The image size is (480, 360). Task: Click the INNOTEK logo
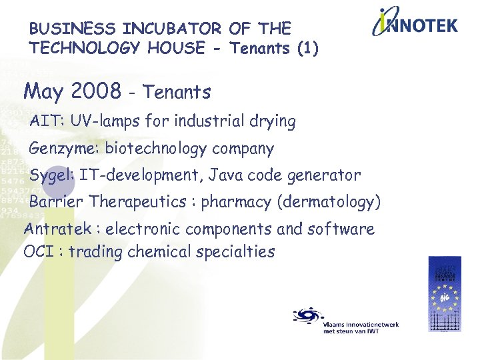coord(415,24)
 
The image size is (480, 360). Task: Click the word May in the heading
coord(43,90)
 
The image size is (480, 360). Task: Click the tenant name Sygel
coord(52,176)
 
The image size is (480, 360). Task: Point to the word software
coord(341,229)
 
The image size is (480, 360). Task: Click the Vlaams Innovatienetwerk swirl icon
coord(307,315)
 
